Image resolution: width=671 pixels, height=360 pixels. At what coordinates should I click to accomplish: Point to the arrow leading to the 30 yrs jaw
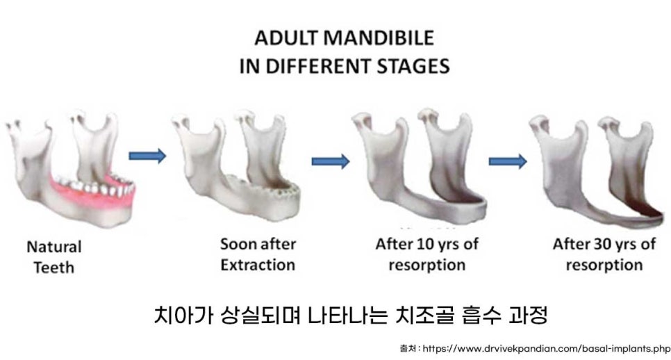point(507,161)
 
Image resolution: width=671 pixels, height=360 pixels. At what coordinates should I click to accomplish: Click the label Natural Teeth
point(53,255)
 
